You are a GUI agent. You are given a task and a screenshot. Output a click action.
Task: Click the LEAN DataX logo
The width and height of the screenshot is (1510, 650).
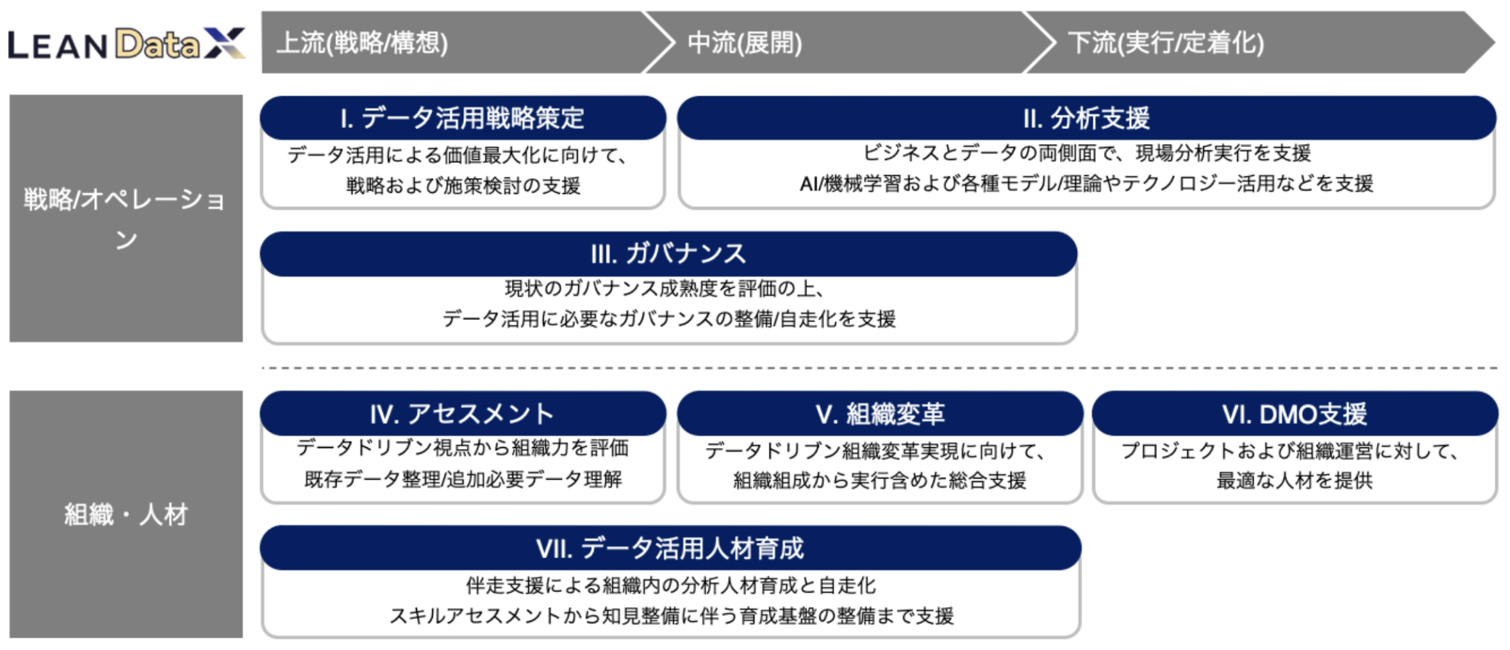point(127,44)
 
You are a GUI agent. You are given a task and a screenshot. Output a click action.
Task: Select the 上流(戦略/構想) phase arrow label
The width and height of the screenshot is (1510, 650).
point(362,43)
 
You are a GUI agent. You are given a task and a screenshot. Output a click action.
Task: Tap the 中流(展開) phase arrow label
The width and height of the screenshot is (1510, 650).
point(744,43)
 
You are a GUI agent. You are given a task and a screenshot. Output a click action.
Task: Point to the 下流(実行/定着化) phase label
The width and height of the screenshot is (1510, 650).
point(1165,43)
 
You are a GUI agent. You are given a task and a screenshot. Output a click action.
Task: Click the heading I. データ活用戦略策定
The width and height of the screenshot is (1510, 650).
point(462,118)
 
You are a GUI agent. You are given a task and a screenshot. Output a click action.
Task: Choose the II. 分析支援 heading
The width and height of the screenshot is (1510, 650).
point(1086,118)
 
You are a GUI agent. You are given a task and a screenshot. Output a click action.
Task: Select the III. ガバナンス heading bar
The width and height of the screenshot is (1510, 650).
point(668,254)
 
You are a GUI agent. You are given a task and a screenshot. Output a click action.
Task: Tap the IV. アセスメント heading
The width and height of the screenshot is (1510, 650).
point(462,414)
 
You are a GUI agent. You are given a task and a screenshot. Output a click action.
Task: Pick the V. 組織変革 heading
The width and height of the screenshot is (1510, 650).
point(880,414)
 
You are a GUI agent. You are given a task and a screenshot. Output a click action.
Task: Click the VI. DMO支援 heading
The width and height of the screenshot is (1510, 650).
point(1294,414)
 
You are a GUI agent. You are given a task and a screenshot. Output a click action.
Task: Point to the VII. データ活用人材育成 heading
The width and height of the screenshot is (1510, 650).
point(670,549)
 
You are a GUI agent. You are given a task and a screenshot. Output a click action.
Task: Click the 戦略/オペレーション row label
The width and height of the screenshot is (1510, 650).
point(125,217)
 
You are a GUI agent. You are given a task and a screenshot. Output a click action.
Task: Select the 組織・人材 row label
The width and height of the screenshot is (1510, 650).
point(125,515)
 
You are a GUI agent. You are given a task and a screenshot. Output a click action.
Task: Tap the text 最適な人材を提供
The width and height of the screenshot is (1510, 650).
point(1294,481)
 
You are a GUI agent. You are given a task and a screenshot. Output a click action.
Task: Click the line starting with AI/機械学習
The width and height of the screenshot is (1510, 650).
point(1086,184)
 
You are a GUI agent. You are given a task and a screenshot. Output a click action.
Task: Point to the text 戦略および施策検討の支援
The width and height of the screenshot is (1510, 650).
point(463,186)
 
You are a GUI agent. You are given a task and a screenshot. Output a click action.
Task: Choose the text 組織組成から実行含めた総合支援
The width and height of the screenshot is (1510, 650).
point(880,481)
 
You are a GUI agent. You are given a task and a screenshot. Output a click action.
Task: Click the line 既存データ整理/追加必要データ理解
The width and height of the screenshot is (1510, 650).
point(463,479)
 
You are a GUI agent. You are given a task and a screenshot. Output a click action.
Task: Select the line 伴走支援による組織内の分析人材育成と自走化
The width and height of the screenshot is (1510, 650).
point(670,585)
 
